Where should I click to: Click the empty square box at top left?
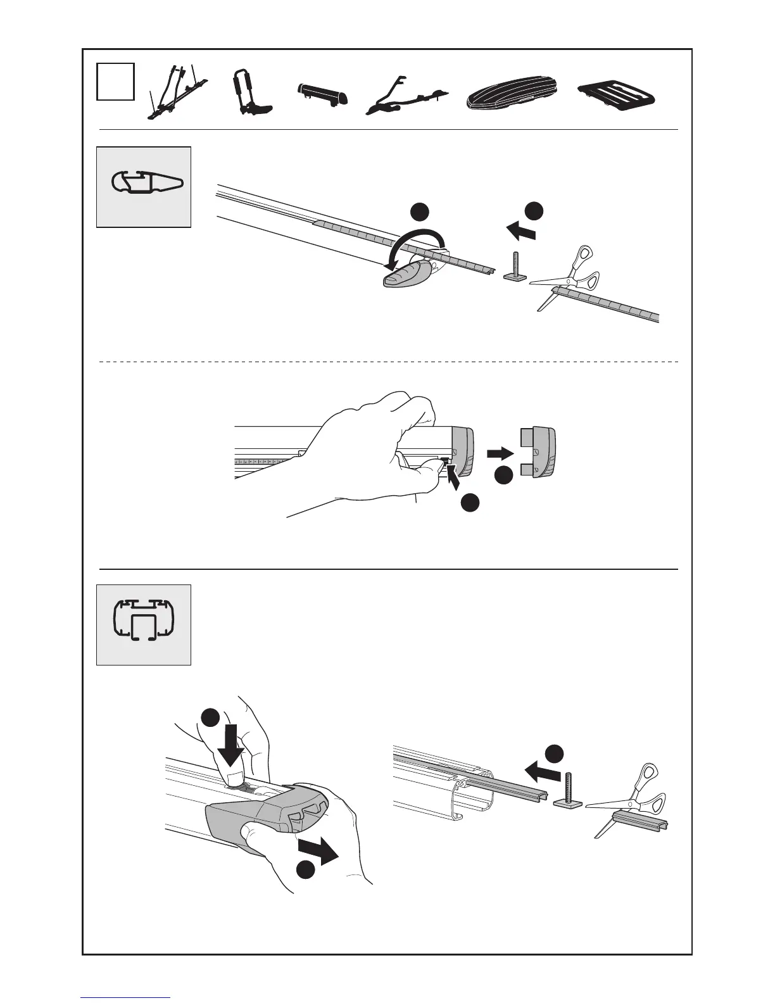pos(115,81)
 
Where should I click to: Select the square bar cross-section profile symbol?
pos(143,624)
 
